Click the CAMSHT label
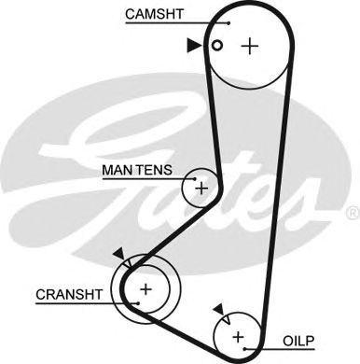pyautogui.click(x=153, y=14)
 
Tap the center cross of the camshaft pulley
pyautogui.click(x=248, y=46)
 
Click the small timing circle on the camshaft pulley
pyautogui.click(x=216, y=45)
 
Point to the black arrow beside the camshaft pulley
pyautogui.click(x=193, y=44)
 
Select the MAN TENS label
pyautogui.click(x=136, y=171)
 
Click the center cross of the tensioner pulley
pyautogui.click(x=201, y=188)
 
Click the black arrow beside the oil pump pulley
pyautogui.click(x=218, y=309)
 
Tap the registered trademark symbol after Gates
pyautogui.click(x=352, y=214)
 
